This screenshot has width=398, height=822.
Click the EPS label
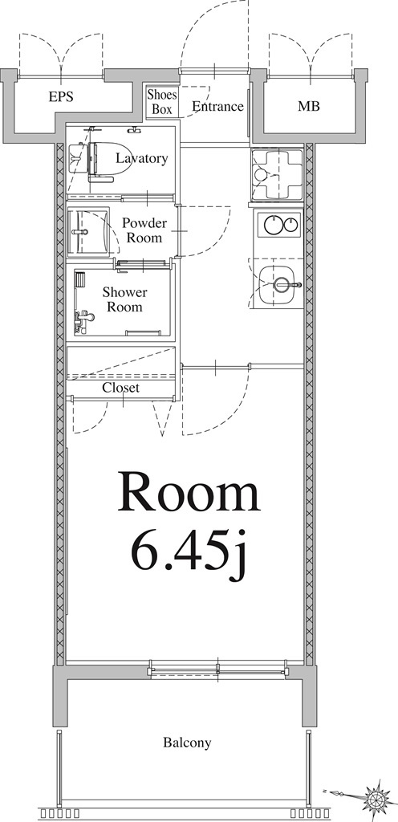(x=61, y=97)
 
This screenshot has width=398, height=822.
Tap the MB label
(x=309, y=107)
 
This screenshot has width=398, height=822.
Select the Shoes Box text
(x=162, y=102)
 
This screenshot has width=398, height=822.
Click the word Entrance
(x=217, y=107)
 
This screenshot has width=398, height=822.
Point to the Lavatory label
(x=142, y=158)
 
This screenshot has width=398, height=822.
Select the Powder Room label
(x=144, y=230)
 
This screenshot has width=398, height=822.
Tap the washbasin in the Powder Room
(x=88, y=231)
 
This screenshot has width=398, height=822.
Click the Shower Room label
(x=124, y=299)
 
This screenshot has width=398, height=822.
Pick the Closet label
(x=121, y=388)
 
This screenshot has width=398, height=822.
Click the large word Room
(x=189, y=494)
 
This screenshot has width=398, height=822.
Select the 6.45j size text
(x=189, y=552)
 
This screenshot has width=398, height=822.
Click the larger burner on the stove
(x=272, y=226)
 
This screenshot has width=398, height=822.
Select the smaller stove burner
(x=290, y=226)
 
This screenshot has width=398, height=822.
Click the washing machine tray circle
(x=260, y=173)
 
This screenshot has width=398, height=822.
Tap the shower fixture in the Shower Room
(x=83, y=319)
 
